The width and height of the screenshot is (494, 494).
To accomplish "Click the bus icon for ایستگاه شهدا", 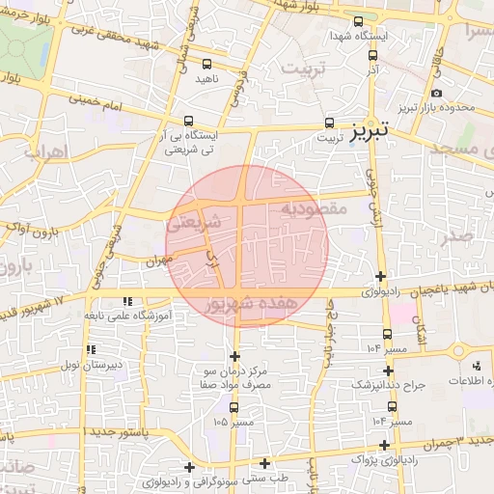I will tap(359, 21).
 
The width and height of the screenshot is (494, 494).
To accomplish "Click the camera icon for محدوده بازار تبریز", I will tap(436, 94).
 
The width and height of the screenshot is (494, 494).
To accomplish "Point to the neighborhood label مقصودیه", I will tap(314, 207).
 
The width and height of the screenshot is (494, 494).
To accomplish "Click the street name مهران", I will tap(159, 260).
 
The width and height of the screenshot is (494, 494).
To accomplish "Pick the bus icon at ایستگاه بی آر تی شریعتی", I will tap(187, 122).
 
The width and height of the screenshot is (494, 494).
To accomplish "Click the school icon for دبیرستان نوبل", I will tap(91, 349).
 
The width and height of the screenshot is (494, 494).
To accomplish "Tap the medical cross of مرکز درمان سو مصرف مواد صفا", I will tap(234, 356).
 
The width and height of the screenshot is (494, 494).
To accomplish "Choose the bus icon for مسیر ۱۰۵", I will tap(234, 406).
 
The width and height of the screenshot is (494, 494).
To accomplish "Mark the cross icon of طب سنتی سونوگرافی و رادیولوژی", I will tap(264, 463).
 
